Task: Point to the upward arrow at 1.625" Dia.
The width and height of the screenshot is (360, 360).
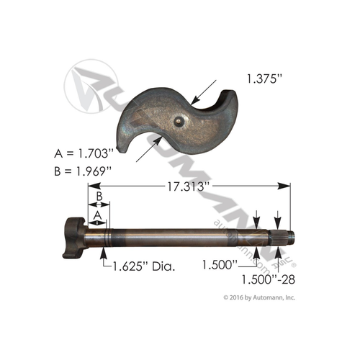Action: [x=104, y=252]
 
